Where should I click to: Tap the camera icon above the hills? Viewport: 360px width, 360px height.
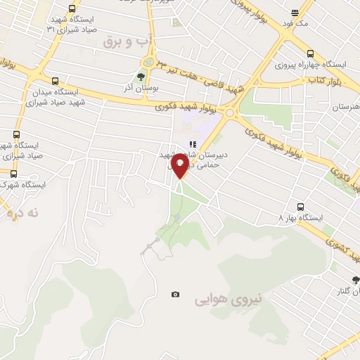[175, 294]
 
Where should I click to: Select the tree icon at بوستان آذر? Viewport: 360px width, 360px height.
[141, 77]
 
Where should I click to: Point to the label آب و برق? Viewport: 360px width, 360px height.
[128, 42]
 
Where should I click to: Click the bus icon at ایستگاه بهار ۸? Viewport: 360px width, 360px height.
[300, 207]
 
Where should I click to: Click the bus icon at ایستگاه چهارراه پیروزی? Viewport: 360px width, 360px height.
[310, 53]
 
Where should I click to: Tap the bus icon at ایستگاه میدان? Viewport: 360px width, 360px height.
[56, 81]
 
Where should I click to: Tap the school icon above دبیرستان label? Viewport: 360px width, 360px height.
[193, 145]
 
